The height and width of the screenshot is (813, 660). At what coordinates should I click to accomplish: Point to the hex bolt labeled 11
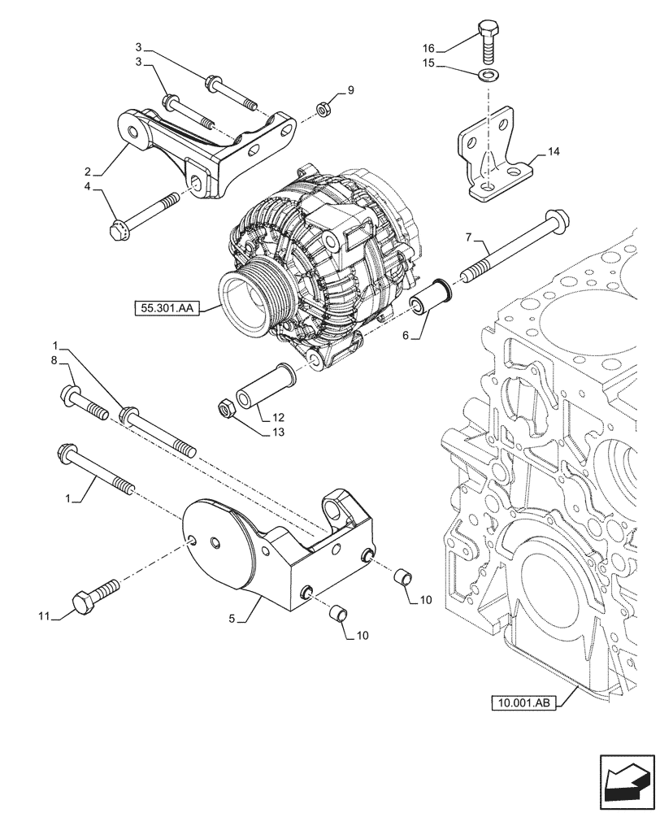(92, 598)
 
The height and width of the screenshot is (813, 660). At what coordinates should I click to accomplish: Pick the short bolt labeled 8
(83, 403)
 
